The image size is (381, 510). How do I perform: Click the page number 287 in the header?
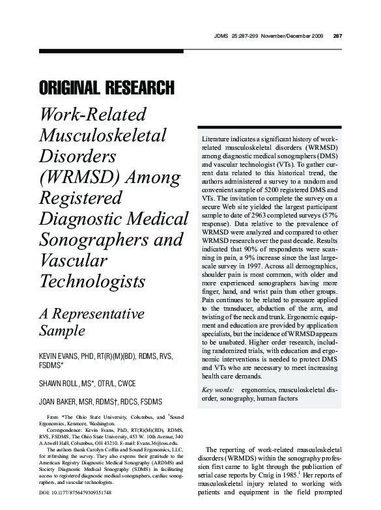(x=337, y=35)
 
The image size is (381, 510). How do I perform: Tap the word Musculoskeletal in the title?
(x=103, y=136)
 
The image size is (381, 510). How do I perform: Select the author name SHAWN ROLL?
(x=59, y=383)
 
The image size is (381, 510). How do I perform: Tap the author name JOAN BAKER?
(x=59, y=401)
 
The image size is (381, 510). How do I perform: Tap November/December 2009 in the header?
(x=290, y=35)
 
